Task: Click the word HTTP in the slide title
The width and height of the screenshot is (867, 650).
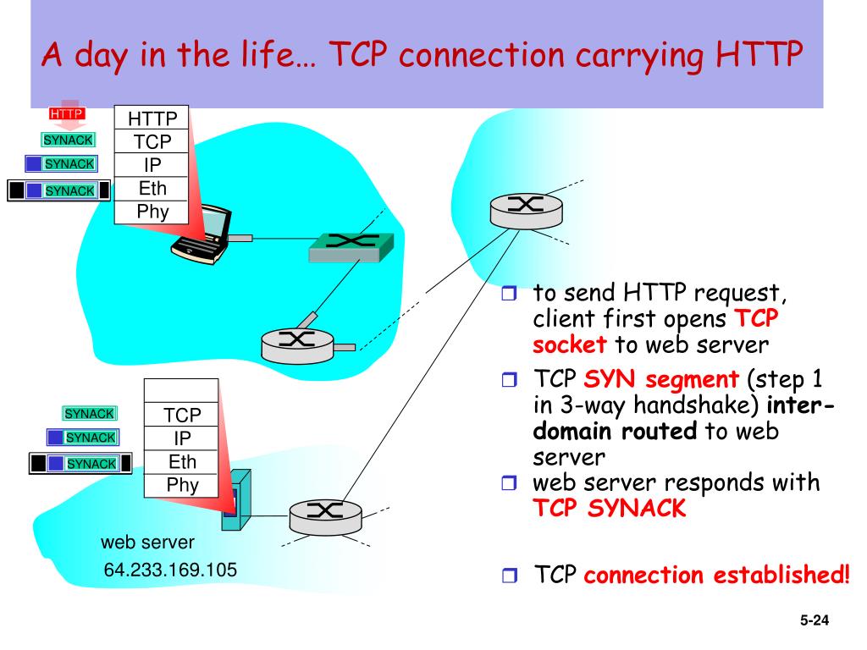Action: [758, 55]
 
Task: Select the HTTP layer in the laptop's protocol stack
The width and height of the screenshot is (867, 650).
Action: [152, 118]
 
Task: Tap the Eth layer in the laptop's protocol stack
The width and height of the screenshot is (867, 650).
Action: [152, 188]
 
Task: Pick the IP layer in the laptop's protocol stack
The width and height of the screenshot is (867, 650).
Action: [152, 165]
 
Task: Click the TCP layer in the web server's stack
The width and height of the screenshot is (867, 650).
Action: [182, 415]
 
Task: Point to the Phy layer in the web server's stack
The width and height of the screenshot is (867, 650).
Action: [182, 485]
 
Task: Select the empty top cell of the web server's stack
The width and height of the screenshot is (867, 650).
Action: [181, 390]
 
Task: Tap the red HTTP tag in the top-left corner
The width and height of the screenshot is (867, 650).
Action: [66, 113]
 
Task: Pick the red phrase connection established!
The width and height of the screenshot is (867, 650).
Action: [716, 576]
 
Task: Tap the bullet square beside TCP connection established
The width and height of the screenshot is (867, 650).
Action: [508, 576]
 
